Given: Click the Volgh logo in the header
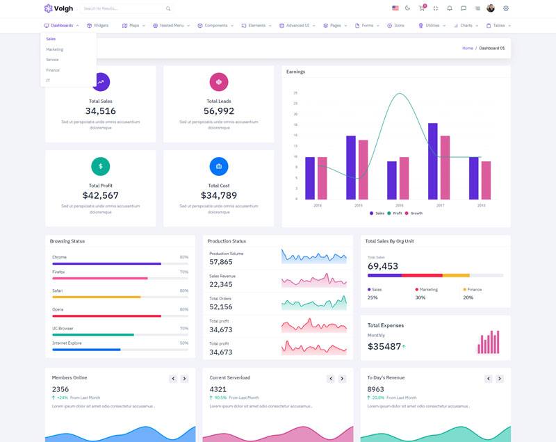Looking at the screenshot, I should [58, 8].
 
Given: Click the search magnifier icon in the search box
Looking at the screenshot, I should [168, 9].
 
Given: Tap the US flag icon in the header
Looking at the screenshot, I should [395, 8].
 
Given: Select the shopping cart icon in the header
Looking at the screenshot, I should [421, 8].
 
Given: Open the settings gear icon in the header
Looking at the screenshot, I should [506, 8].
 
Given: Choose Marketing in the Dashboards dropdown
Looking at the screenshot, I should [54, 49].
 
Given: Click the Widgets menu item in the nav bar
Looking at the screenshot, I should [97, 26].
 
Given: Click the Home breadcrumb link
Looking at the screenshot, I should [468, 48].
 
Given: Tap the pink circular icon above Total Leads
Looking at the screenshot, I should [219, 82].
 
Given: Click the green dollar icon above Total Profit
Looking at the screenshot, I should [101, 166].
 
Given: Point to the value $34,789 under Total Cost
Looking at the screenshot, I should [219, 195].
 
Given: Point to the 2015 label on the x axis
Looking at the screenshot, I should [358, 206].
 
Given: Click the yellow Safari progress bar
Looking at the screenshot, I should [97, 297].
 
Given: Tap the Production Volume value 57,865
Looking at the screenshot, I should [221, 262].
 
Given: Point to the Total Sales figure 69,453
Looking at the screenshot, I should [383, 266].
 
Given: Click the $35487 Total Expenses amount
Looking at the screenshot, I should [384, 346].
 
